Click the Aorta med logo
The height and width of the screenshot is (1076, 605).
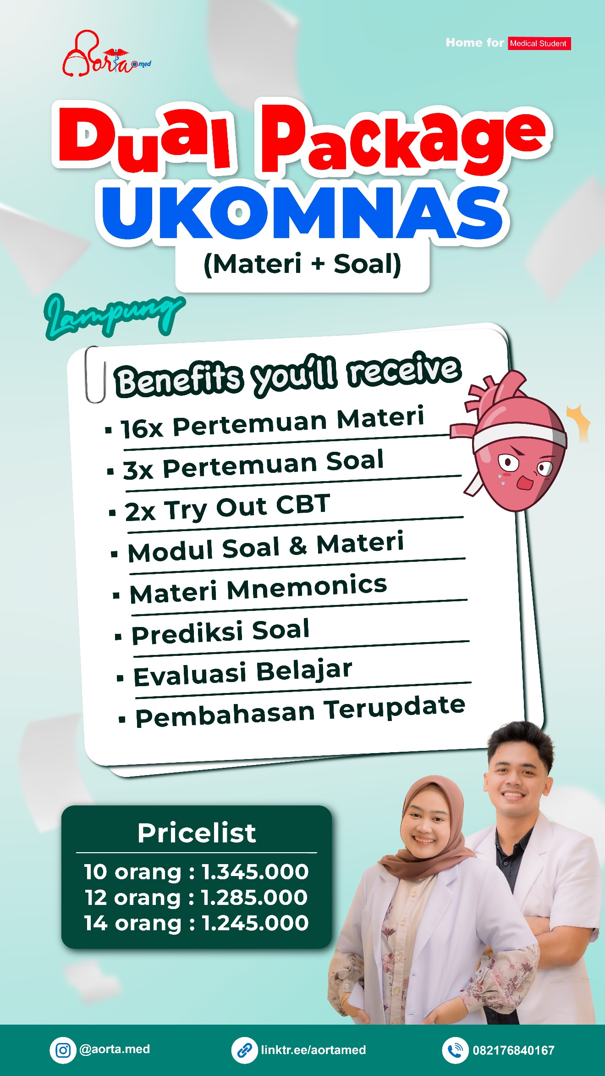[106, 54]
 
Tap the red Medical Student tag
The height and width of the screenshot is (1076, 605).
[539, 44]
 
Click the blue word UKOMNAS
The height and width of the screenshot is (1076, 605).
[302, 213]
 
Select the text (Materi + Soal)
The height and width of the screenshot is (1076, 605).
[302, 264]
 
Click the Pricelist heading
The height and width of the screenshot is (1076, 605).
[197, 832]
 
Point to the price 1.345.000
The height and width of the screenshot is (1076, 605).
[255, 871]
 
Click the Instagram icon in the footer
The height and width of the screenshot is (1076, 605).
[63, 1050]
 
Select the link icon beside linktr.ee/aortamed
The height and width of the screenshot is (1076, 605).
[244, 1050]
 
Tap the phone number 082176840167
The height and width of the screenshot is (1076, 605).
[514, 1050]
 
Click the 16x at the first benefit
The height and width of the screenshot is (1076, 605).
[142, 428]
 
